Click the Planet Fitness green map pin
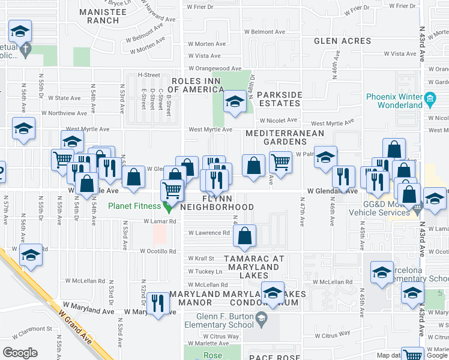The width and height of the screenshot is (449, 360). tap(168, 207)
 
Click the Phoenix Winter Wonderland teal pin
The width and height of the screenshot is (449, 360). tap(430, 98)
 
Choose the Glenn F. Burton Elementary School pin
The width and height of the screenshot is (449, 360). tap(262, 322)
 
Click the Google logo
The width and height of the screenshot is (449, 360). tap(20, 353)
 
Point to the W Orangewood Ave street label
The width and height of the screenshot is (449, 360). tap(214, 69)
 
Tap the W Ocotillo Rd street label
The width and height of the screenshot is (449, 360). tap(158, 251)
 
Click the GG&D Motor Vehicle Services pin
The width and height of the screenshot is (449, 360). tap(417, 208)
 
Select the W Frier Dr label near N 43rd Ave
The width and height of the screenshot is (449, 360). tap(402, 6)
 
